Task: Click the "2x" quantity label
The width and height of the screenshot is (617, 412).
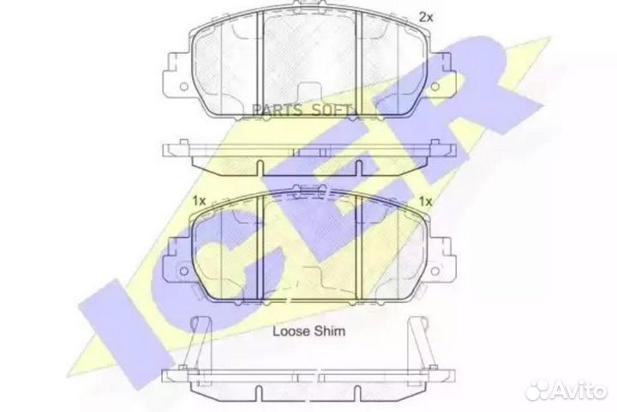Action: pos(425,15)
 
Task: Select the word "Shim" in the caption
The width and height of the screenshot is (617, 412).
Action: pos(329,330)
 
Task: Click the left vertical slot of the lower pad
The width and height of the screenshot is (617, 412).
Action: pos(259,249)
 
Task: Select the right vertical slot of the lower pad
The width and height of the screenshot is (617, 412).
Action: pos(359,249)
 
